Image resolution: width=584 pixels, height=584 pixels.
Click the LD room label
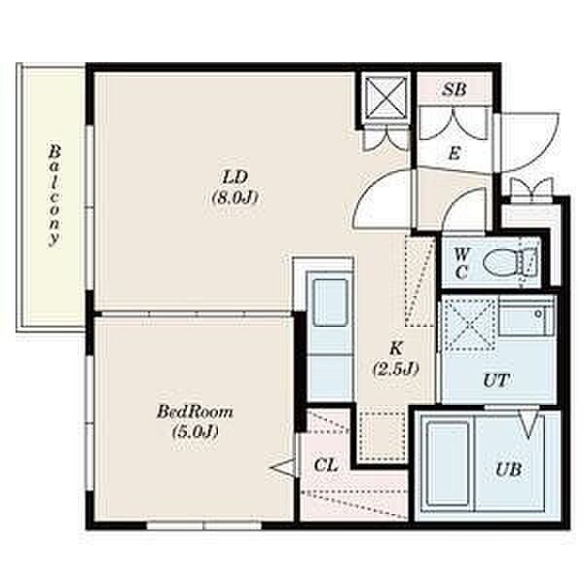(x=235, y=177)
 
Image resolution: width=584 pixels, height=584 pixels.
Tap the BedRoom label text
(x=195, y=413)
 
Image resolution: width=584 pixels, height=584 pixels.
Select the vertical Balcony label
(x=55, y=196)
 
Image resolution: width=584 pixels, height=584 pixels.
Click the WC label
(x=461, y=264)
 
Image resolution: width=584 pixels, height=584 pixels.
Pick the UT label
(x=496, y=381)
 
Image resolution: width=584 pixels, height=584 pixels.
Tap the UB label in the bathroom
(x=508, y=470)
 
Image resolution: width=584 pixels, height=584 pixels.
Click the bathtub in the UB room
(x=448, y=464)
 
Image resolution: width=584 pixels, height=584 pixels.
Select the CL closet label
(x=325, y=465)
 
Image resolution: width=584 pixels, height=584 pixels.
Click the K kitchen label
(x=396, y=348)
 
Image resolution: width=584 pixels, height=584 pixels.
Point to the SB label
(x=454, y=89)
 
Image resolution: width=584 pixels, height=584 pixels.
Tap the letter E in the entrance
(x=455, y=153)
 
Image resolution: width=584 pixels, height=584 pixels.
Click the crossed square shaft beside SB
(x=385, y=97)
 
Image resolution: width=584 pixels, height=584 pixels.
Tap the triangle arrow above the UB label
(x=529, y=423)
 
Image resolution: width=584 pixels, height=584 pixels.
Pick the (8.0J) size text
(x=235, y=198)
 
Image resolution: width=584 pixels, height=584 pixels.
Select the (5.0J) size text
(x=195, y=432)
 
